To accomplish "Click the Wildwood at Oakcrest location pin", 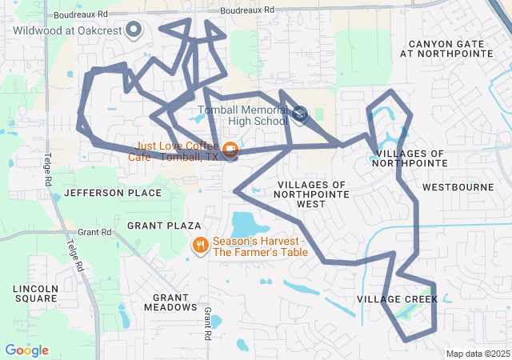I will coord(134,31).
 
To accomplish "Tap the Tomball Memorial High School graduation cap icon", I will coord(300,114).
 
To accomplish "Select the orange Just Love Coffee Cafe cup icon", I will coord(230,149).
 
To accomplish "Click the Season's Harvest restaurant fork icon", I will coord(200,245).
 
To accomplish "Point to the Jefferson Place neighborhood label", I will coord(101,193).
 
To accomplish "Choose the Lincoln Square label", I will coord(35,293).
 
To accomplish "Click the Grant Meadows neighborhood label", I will coord(170,302).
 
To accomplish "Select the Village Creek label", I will coord(397,299).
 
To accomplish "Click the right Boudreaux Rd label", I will coord(247,10).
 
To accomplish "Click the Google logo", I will coord(26,350).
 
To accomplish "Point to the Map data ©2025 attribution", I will coord(477,354).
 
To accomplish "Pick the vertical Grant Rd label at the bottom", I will coord(207,322).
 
